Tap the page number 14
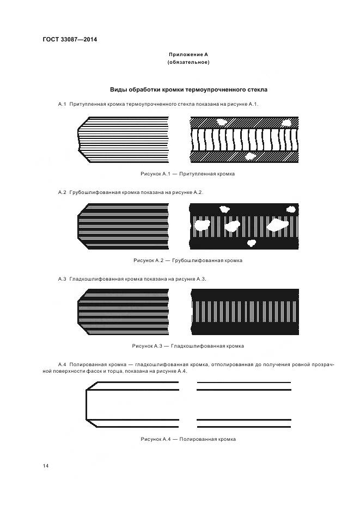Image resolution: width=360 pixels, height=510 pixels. (46, 466)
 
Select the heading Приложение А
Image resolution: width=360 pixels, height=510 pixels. (188, 54)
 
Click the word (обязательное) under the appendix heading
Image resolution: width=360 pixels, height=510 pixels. (188, 62)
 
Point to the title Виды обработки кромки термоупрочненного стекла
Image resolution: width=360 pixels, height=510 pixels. (188, 89)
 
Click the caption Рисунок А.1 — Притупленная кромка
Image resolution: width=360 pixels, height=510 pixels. (188, 174)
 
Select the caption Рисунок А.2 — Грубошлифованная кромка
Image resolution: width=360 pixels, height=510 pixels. (188, 260)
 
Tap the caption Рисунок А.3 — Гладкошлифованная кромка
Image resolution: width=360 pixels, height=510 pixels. (188, 346)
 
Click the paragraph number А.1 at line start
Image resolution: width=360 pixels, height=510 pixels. (62, 104)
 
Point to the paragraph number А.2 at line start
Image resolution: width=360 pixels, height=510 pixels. (62, 192)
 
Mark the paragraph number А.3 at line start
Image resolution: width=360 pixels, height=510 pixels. (62, 279)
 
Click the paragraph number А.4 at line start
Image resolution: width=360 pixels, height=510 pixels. (62, 363)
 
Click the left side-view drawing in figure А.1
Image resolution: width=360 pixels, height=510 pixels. (123, 139)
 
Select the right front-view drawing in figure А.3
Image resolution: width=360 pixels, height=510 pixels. (245, 312)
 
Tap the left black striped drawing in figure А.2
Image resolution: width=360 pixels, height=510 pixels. (123, 226)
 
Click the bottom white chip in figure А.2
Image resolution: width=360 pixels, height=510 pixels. (252, 243)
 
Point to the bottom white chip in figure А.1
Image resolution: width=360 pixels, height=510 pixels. (250, 156)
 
